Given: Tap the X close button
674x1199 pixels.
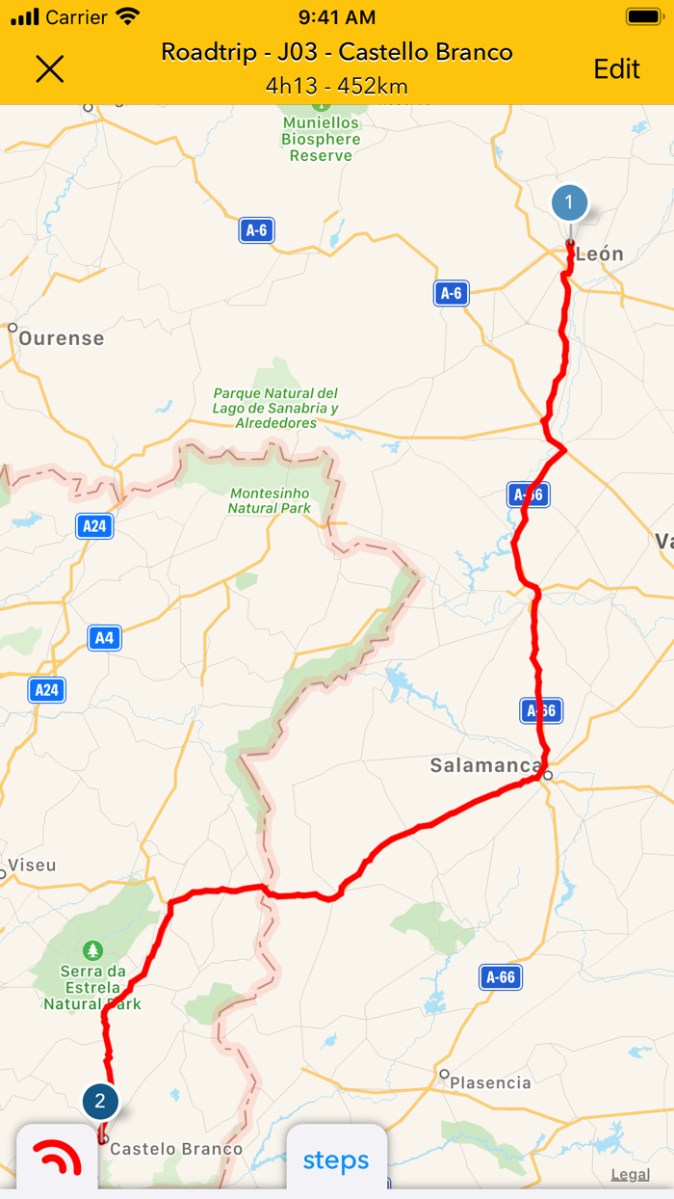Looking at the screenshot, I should (x=49, y=68).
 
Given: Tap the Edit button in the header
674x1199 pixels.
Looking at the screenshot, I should (x=616, y=68).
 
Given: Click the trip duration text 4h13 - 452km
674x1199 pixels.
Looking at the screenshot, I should (x=336, y=86).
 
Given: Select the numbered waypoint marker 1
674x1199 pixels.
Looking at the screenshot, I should (x=569, y=203).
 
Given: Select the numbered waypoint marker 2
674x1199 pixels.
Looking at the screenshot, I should (x=100, y=1101).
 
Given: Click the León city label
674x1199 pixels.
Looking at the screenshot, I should (x=599, y=254).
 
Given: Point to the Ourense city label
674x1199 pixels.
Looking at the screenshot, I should (x=61, y=338).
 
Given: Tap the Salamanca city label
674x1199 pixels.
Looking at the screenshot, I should (x=485, y=766).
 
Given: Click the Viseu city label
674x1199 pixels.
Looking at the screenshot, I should (x=32, y=866).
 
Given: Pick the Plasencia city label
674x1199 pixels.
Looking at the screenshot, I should (x=490, y=1082).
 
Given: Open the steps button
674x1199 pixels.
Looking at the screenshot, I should (x=336, y=1160).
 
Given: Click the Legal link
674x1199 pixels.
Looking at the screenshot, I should (x=630, y=1174).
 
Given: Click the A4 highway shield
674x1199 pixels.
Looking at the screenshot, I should (x=104, y=638).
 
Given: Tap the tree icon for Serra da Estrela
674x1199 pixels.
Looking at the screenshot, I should (x=93, y=949).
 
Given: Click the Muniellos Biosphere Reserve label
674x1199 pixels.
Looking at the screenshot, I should (x=322, y=139).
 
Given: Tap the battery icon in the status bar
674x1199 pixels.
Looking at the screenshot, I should (x=643, y=16).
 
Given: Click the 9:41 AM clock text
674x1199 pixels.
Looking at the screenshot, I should (x=336, y=16).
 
